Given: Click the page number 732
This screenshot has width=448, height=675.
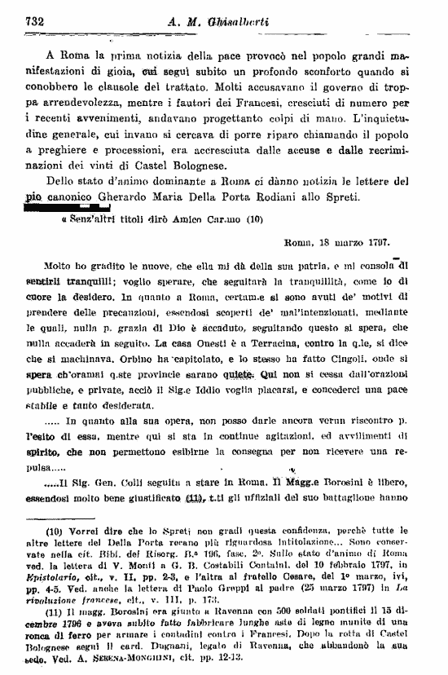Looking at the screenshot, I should (x=36, y=21).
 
